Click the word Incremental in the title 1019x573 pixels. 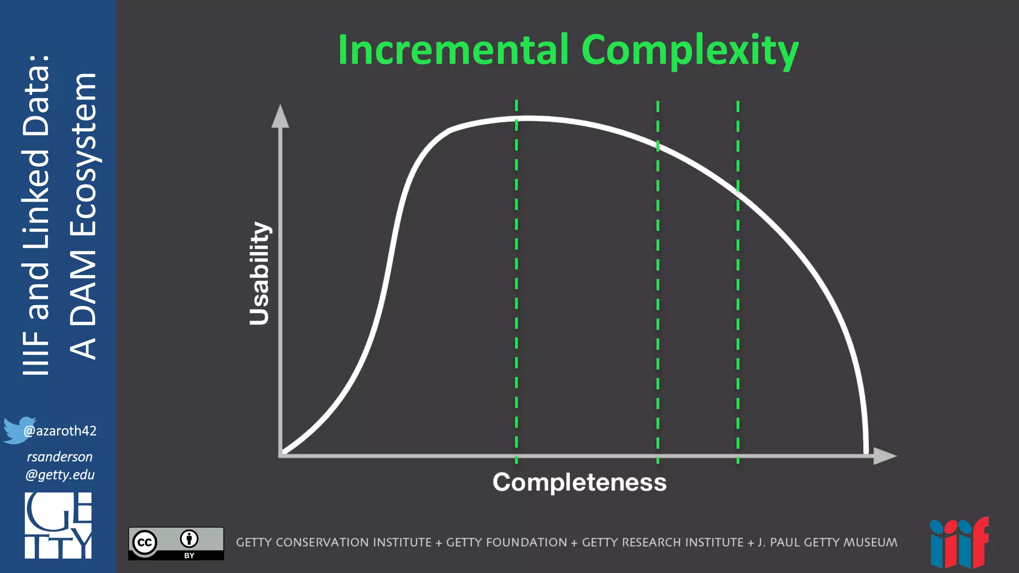coord(453,50)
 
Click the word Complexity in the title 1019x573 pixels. coord(690,51)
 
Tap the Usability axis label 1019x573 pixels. coord(259,274)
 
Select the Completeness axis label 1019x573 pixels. coord(579,482)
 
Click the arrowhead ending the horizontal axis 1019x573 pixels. coord(885,456)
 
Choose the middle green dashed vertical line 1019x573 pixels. coord(658,298)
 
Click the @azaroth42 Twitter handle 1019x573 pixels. coord(60,431)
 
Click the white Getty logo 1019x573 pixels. coord(58,525)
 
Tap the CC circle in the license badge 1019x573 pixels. coord(145,542)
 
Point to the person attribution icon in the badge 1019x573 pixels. coord(189,539)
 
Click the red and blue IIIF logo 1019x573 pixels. coord(959,543)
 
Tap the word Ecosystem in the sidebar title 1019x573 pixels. coord(84,154)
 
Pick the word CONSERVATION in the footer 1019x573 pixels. coord(353,542)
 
